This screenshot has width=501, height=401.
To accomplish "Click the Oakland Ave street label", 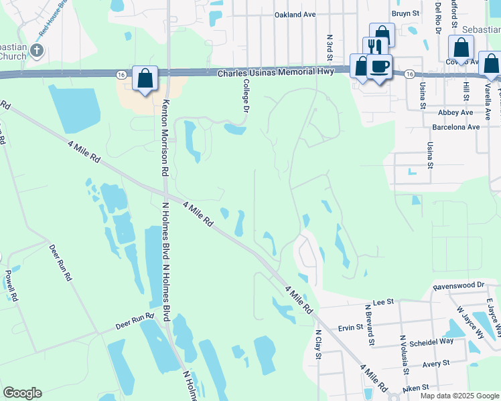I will [295, 14].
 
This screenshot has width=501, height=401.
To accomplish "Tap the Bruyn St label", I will [405, 13].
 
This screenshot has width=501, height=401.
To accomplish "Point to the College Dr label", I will [246, 95].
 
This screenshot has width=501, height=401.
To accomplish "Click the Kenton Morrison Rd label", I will [164, 137].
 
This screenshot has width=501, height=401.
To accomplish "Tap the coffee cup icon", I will [380, 66].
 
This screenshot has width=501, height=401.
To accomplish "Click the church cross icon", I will [37, 50].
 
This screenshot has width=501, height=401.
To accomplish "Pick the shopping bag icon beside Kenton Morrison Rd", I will [145, 78].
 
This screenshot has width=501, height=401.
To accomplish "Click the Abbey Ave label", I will [456, 113].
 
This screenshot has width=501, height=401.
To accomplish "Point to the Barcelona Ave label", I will [455, 126].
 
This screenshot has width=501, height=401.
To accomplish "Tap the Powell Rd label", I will [9, 286].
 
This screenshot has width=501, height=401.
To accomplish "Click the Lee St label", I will [381, 302].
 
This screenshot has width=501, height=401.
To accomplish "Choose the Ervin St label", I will [350, 327].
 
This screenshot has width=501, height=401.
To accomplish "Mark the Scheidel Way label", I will [431, 341].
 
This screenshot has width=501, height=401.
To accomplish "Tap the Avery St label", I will [435, 365].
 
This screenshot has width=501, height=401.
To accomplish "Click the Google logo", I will [22, 393].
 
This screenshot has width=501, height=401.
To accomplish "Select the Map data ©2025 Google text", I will [458, 396].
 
